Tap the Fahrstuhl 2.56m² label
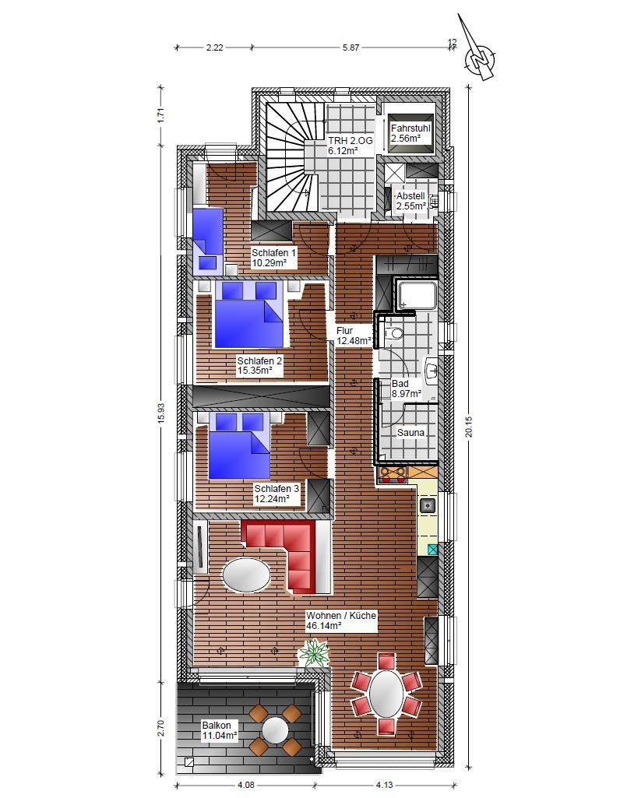pyautogui.click(x=410, y=133)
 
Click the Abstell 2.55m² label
pyautogui.click(x=410, y=201)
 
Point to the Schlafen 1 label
pyautogui.click(x=273, y=253)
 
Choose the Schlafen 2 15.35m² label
pyautogui.click(x=259, y=365)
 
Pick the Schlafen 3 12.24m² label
pyautogui.click(x=277, y=494)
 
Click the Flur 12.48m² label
pyautogui.click(x=354, y=336)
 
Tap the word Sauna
pyautogui.click(x=410, y=433)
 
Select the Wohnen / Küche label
pyautogui.click(x=341, y=615)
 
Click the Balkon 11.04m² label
pyautogui.click(x=220, y=730)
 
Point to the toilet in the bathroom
pyautogui.click(x=394, y=333)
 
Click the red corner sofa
pyautogui.click(x=286, y=557)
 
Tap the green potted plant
pyautogui.click(x=314, y=653)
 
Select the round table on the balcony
pyautogui.click(x=276, y=729)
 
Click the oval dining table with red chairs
pyautogui.click(x=386, y=694)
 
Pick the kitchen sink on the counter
pyautogui.click(x=428, y=505)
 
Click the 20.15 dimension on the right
pyautogui.click(x=469, y=427)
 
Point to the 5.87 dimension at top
pyautogui.click(x=351, y=47)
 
